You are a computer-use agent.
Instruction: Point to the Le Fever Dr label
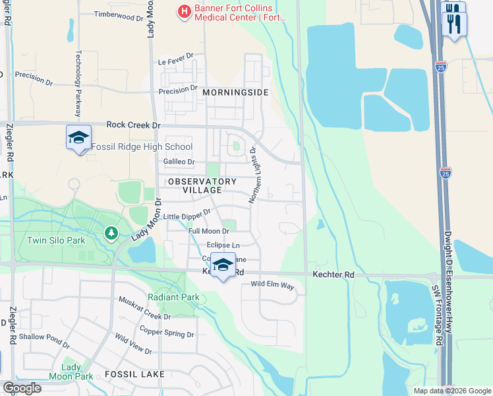(175, 61)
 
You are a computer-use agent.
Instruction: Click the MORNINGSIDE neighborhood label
(235, 92)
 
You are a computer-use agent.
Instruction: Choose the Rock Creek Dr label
(134, 124)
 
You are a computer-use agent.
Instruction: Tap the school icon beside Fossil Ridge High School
(78, 138)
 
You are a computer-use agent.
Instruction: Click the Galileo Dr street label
(179, 162)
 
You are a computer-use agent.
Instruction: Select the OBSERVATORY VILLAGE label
(202, 185)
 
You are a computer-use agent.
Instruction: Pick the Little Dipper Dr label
(187, 215)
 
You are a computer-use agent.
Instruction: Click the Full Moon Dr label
(208, 231)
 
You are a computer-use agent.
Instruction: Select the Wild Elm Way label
(272, 284)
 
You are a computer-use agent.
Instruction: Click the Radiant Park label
(174, 297)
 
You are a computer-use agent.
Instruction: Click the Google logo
(21, 388)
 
